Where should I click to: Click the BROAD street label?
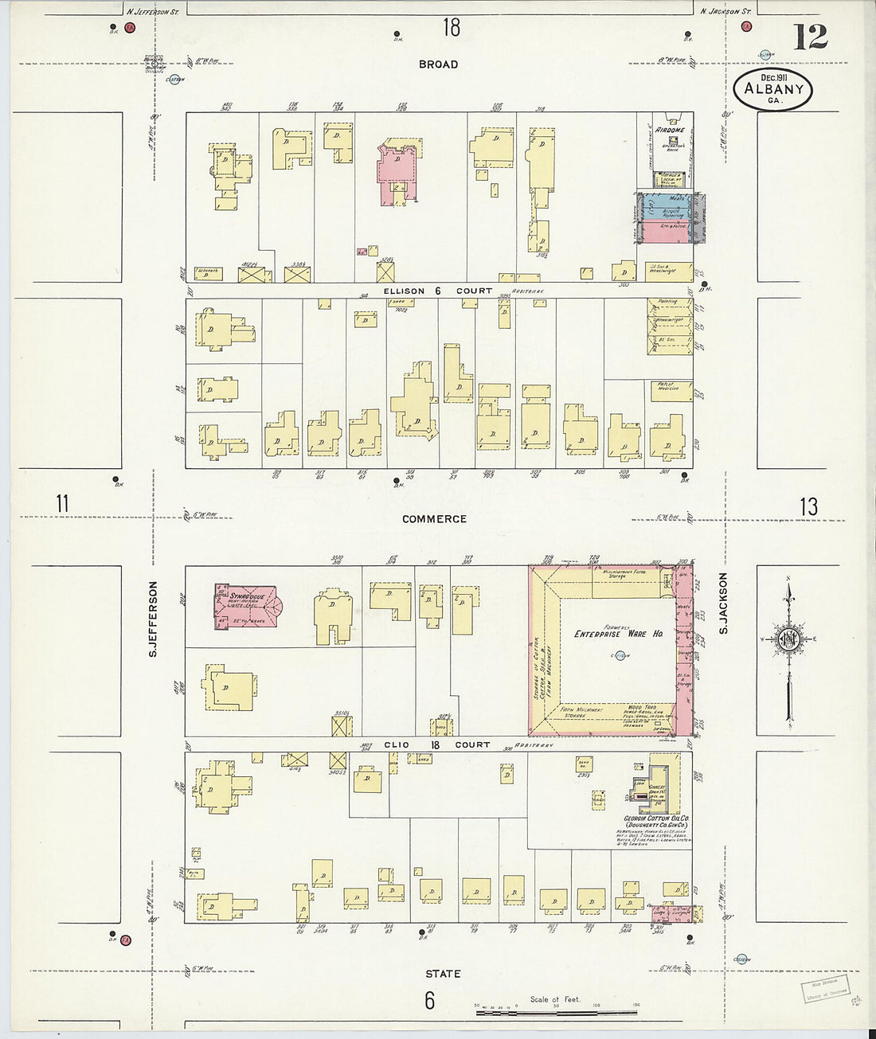[x=438, y=64]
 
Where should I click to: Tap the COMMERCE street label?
[x=434, y=519]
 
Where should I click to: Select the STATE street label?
[x=443, y=974]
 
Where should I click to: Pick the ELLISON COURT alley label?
[x=438, y=291]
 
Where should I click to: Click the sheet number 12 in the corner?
[x=810, y=37]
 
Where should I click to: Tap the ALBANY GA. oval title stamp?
[x=773, y=90]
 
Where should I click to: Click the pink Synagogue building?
[x=245, y=607]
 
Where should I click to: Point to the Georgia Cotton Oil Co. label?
[x=656, y=822]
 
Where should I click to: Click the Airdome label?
[x=669, y=130]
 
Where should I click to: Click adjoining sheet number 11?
[x=62, y=504]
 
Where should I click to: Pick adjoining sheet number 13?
[x=808, y=506]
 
